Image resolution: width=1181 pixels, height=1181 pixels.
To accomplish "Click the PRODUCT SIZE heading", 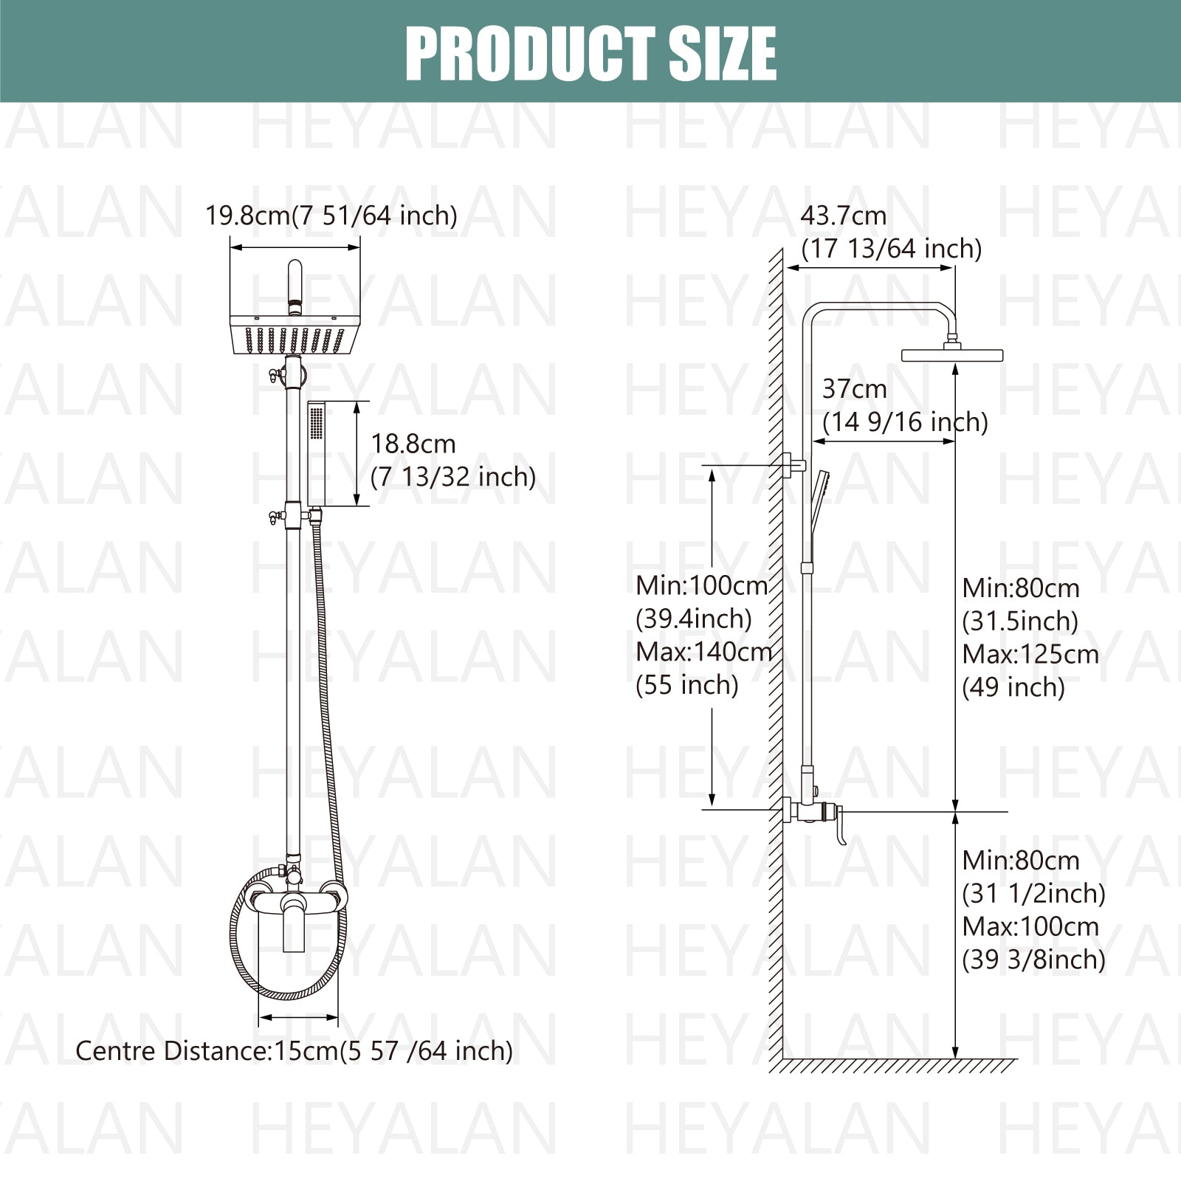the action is [590, 52].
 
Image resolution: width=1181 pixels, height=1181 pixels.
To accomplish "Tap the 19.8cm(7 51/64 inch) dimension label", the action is [331, 216].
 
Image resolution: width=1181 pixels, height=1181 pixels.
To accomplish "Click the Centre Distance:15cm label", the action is [294, 1050].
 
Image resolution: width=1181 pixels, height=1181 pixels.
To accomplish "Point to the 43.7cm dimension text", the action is [844, 216].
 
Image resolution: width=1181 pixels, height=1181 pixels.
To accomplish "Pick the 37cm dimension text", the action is [855, 388].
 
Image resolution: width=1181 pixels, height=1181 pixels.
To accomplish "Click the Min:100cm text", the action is [702, 585].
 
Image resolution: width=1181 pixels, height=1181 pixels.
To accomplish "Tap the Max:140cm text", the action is [704, 652].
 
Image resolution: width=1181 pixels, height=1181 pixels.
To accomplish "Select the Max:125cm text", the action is [1030, 654].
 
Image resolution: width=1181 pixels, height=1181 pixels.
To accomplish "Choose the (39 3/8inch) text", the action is [1033, 959].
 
